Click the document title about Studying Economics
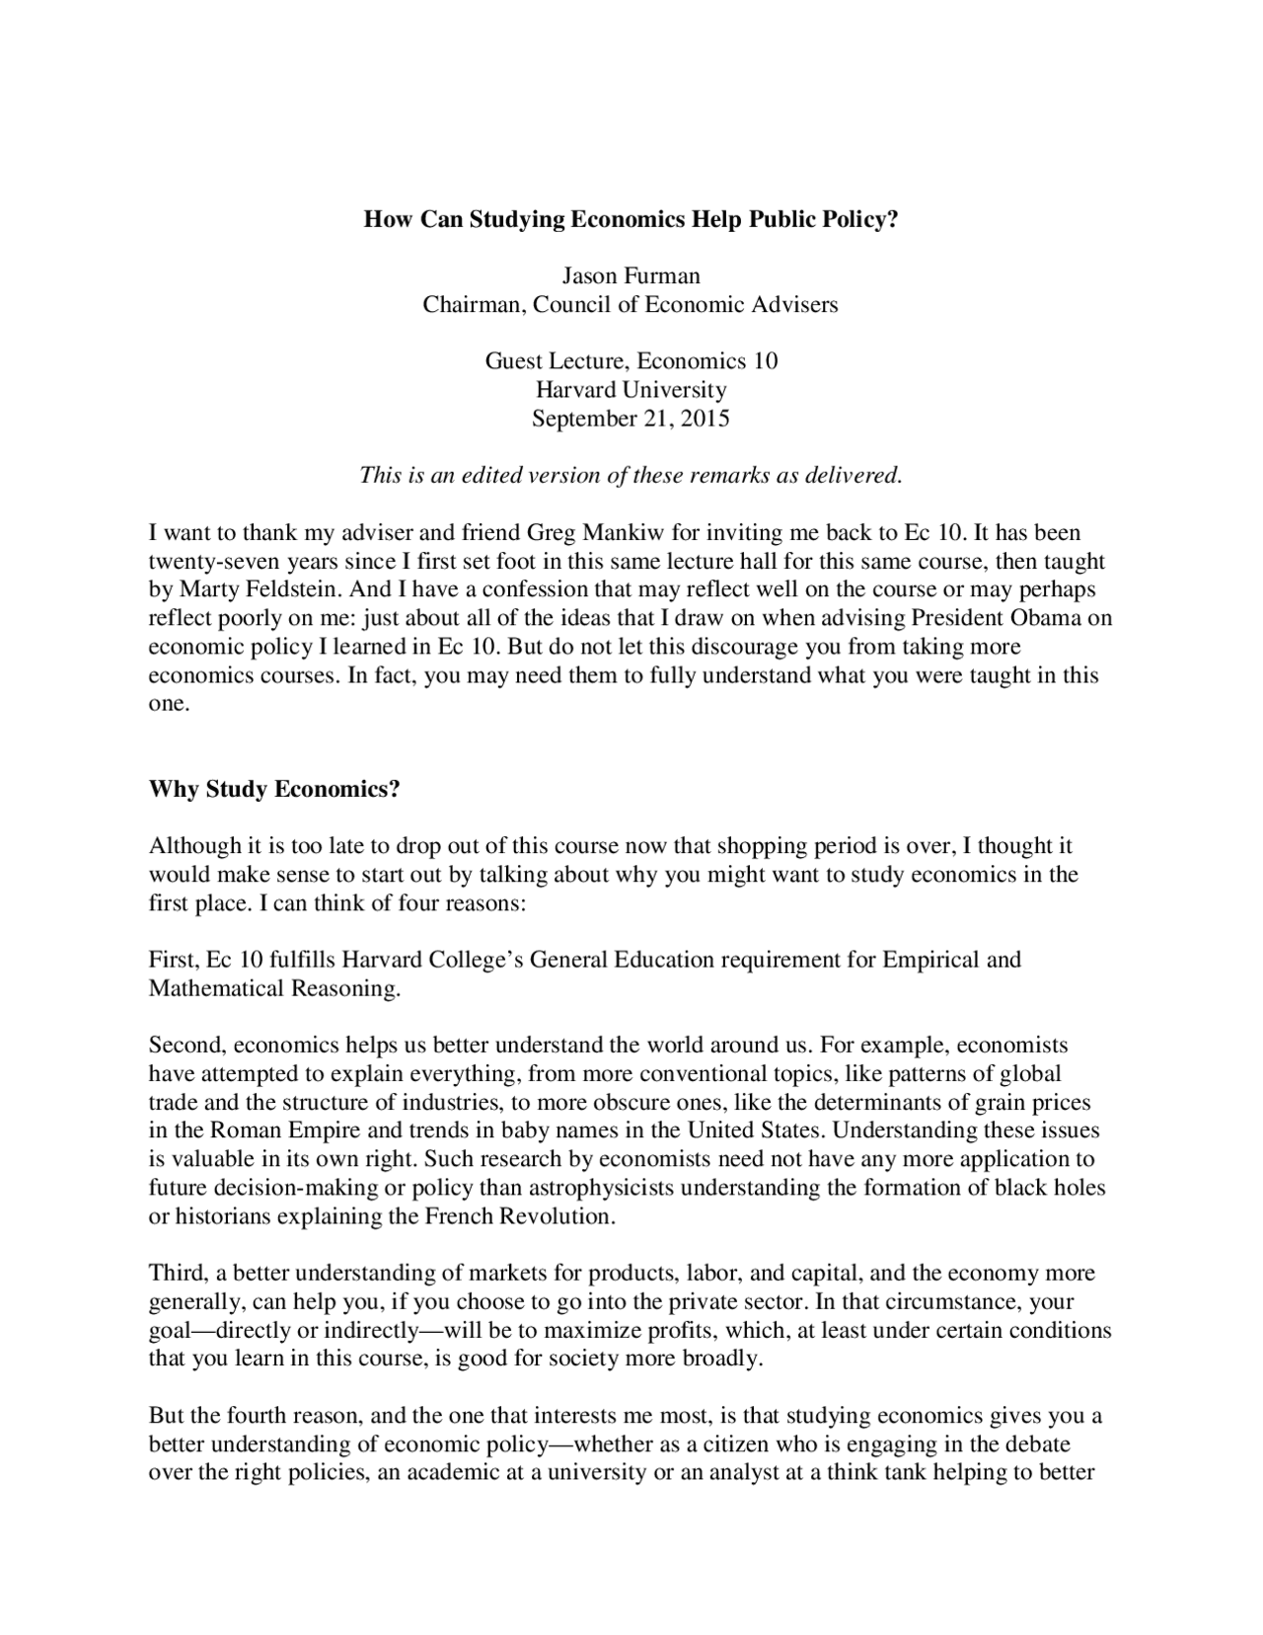point(631,219)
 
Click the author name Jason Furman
point(631,275)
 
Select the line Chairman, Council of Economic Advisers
point(631,304)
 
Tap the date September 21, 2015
point(631,418)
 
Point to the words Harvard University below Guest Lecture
point(631,389)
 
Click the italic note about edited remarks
point(631,475)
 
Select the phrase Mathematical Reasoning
point(273,988)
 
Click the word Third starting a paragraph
point(174,1273)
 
